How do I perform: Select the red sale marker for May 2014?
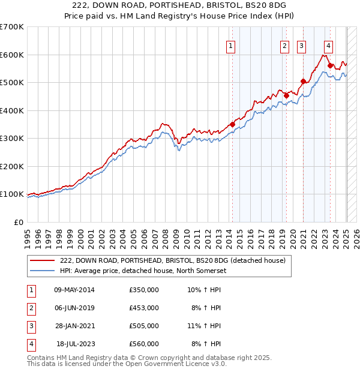[x=232, y=125]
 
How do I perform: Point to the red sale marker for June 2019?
[x=286, y=95]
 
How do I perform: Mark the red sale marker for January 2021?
[x=304, y=81]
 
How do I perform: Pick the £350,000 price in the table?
[x=144, y=290]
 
